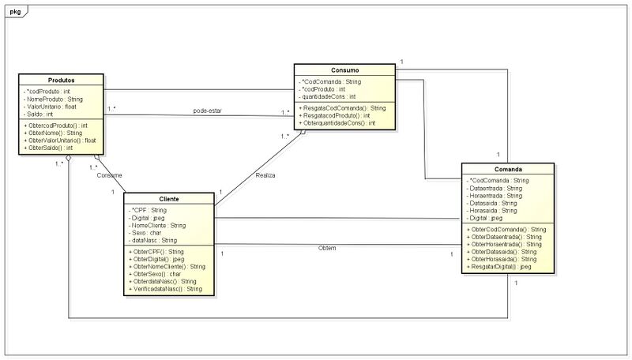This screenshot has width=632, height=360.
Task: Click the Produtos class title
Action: coord(62,81)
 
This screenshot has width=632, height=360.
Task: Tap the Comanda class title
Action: coord(507,170)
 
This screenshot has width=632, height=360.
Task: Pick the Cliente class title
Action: coord(168,199)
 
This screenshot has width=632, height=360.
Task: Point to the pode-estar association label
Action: coord(207,111)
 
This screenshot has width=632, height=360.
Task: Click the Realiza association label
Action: coord(265,174)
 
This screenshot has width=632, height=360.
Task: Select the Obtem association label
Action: coord(327,248)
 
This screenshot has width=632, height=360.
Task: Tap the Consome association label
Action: coord(109,174)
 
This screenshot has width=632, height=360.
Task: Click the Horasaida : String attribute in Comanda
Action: coord(494,211)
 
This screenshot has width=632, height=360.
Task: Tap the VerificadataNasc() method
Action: coord(167,289)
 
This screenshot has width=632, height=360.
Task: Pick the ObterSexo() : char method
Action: coord(159,273)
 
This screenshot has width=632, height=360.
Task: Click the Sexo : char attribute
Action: coord(147,233)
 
